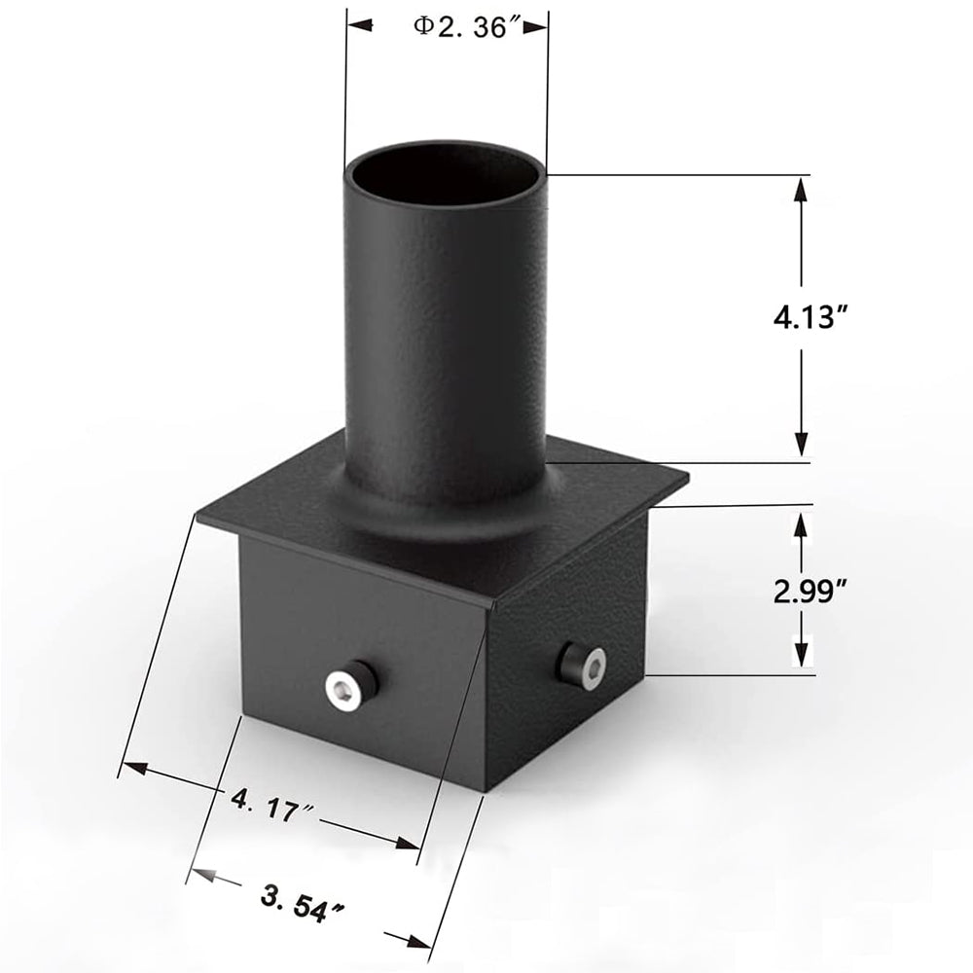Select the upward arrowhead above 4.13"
click(801, 189)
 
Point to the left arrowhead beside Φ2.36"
click(361, 23)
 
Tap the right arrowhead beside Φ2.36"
click(534, 28)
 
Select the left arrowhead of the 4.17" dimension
click(134, 769)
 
